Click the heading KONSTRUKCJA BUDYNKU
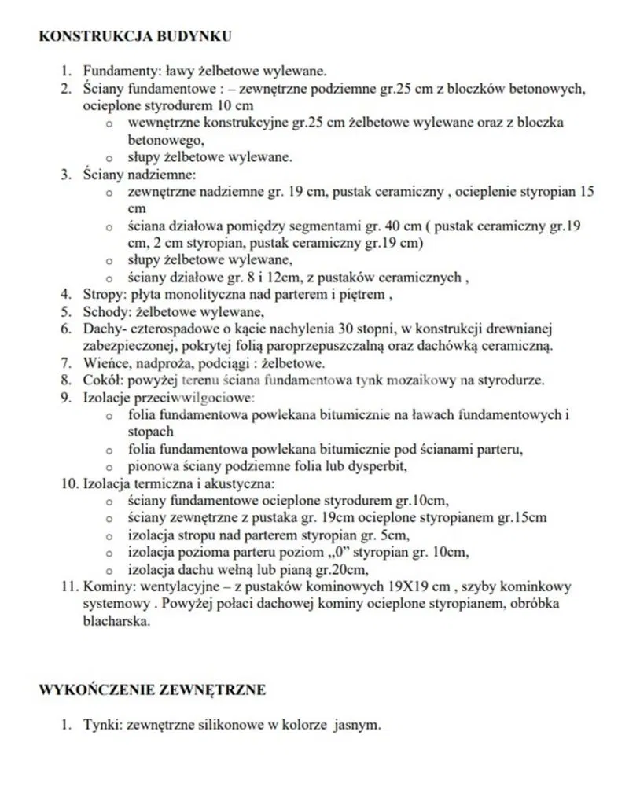click(134, 36)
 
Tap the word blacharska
click(115, 622)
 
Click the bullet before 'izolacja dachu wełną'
click(111, 571)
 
